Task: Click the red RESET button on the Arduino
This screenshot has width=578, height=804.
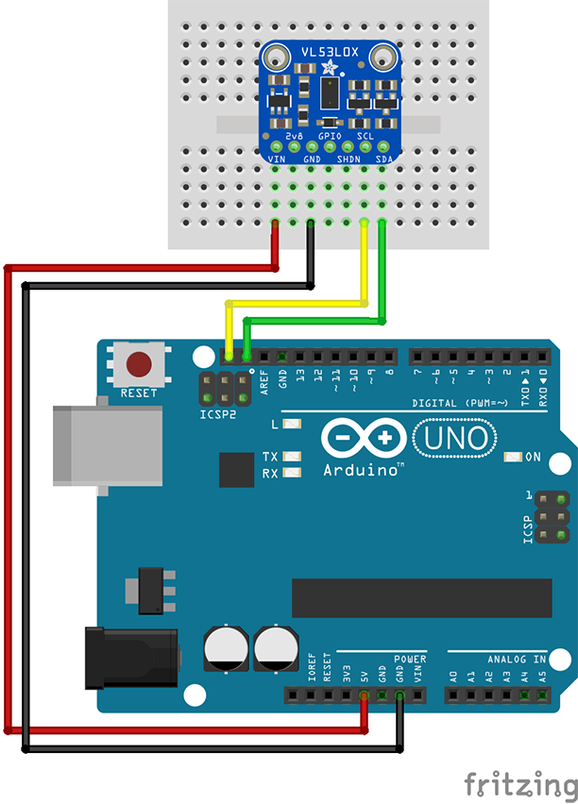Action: click(x=140, y=364)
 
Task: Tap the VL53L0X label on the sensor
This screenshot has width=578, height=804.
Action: click(x=329, y=53)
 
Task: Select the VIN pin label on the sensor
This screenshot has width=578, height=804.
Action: click(x=277, y=159)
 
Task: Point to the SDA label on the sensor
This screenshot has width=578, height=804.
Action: click(x=384, y=159)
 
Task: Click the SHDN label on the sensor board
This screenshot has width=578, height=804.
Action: click(x=348, y=159)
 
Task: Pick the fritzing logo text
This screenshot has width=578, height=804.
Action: click(x=520, y=783)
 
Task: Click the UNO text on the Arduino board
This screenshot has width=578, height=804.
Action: click(x=457, y=438)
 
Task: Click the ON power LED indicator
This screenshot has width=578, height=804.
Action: click(x=514, y=458)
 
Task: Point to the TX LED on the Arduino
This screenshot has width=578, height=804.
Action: click(x=292, y=457)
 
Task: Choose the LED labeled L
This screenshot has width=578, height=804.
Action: click(x=292, y=424)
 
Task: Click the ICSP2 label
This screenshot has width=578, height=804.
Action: click(x=217, y=414)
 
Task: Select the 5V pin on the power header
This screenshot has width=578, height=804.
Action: click(x=364, y=697)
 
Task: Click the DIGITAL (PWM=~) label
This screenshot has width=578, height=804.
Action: click(x=463, y=404)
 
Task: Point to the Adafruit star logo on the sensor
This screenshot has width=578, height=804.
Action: click(x=329, y=69)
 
